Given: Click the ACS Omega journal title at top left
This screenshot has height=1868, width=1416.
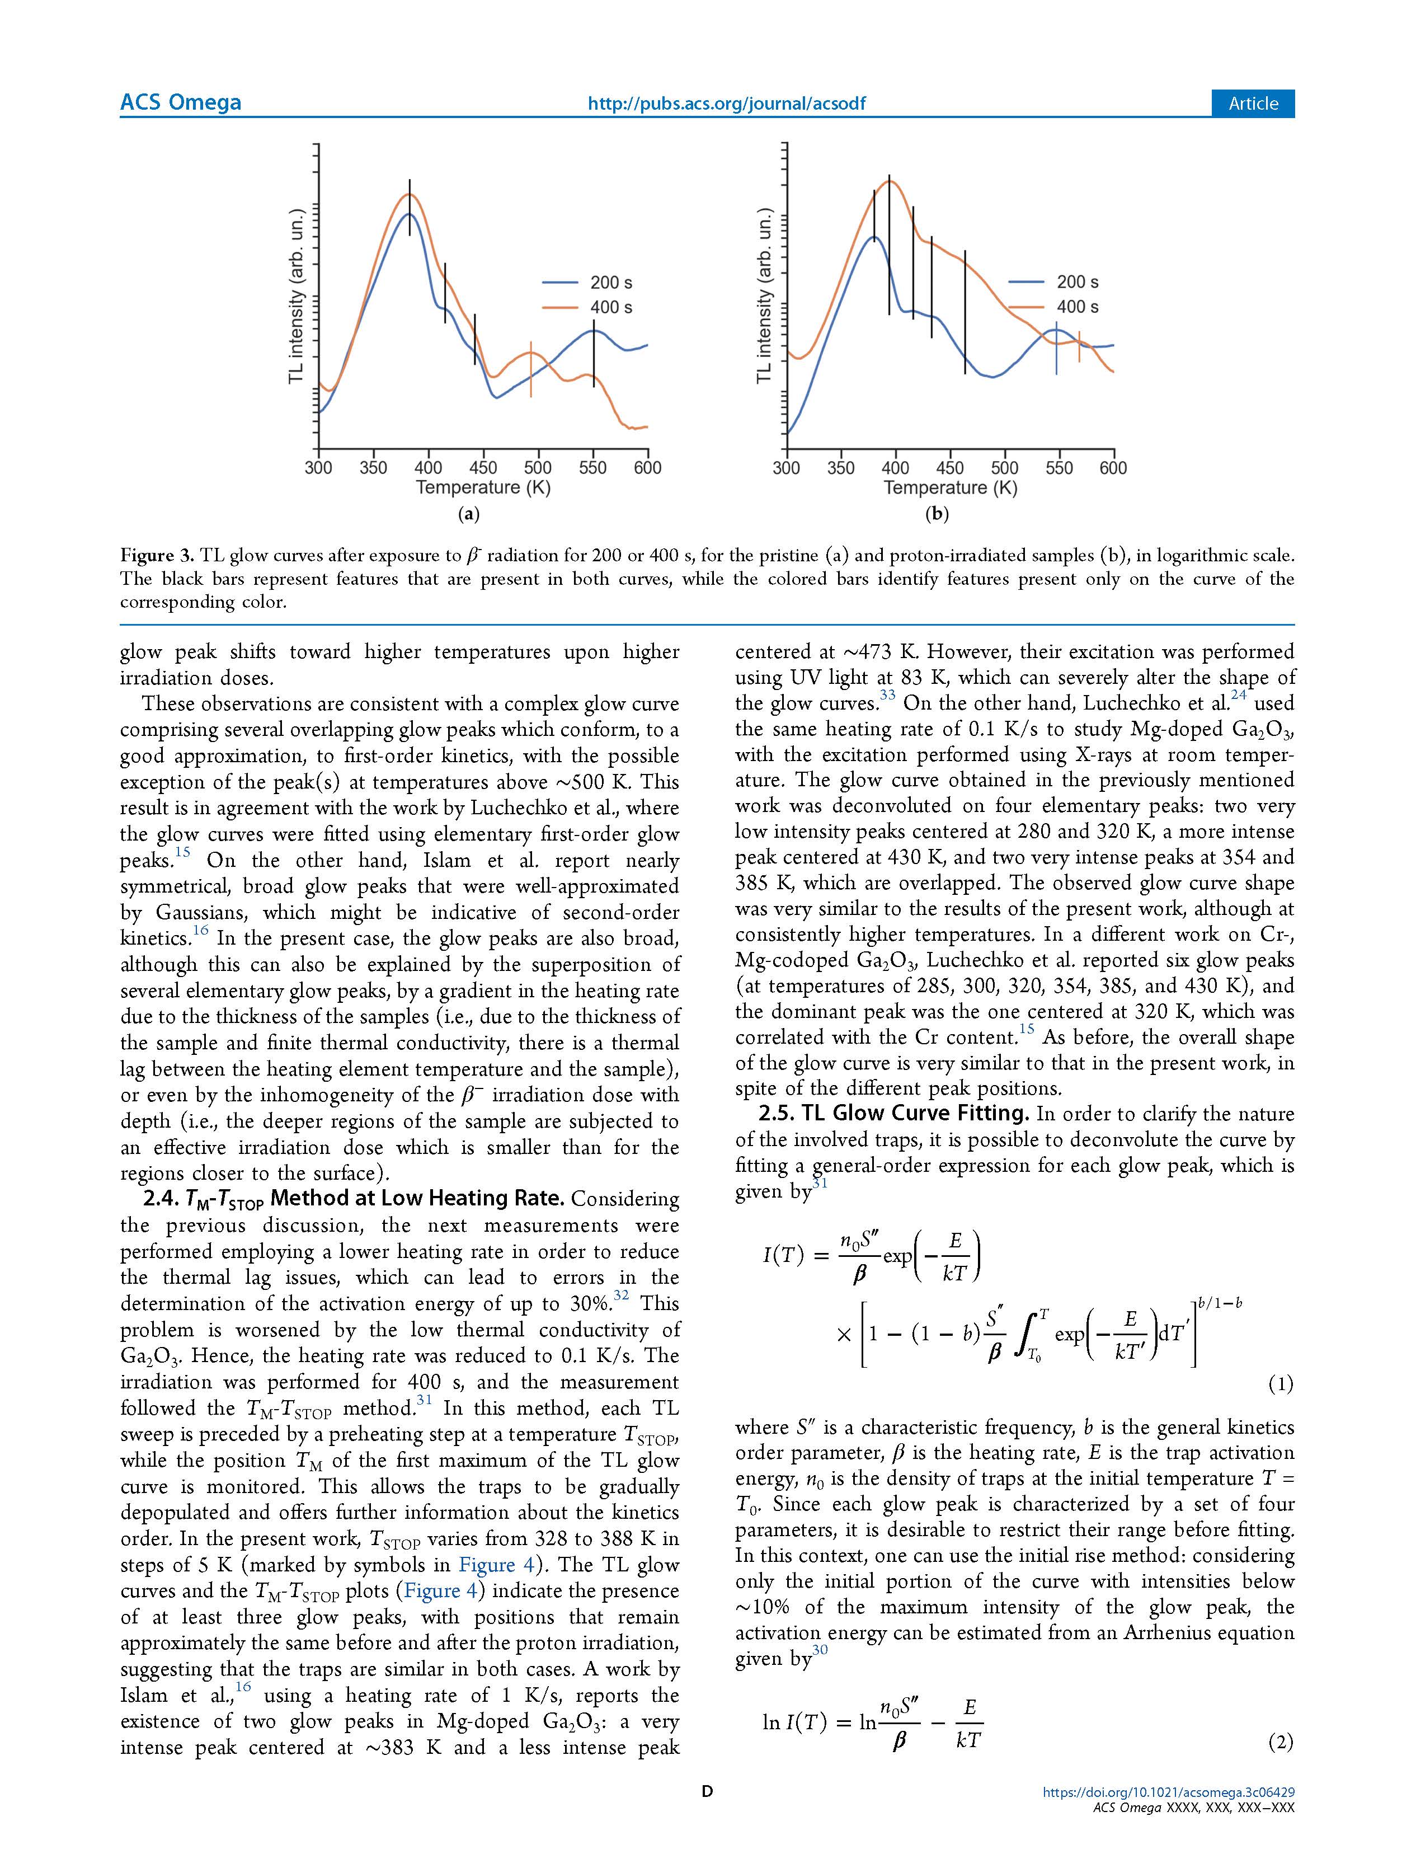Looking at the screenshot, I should coord(181,102).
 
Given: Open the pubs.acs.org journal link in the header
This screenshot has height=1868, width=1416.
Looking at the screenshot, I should coord(726,103).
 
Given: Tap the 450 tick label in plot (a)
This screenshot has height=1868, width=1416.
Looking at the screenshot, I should coord(483,468).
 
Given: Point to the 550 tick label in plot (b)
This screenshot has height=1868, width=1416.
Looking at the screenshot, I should coord(1059,468).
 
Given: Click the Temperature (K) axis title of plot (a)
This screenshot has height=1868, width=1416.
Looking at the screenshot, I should coord(483,488).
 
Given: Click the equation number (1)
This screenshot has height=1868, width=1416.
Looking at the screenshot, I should coord(1280,1383).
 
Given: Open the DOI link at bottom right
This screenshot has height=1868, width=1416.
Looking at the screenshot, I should coord(1169,1792).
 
